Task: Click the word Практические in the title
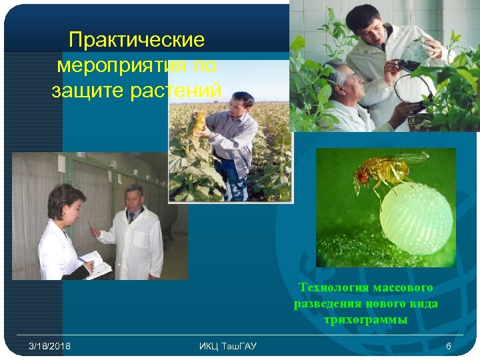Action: pos(137,41)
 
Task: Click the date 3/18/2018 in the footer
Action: pos(50,346)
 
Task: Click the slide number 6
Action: pos(449,346)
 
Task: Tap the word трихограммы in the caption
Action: pos(366,320)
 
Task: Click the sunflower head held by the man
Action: pos(198,121)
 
